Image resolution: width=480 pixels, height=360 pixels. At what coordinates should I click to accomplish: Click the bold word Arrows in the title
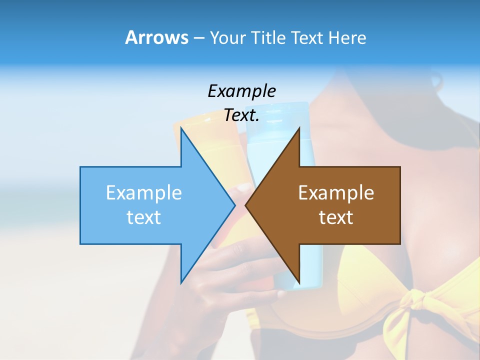(156, 37)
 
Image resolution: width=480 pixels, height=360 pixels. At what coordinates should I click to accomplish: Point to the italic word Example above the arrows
(241, 91)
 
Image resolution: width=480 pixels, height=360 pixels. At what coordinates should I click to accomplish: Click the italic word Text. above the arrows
(241, 115)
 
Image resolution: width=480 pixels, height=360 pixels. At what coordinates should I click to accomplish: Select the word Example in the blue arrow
(143, 192)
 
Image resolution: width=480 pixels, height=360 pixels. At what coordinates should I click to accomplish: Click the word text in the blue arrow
(143, 217)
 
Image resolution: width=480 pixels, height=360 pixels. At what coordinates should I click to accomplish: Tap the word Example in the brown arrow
(336, 192)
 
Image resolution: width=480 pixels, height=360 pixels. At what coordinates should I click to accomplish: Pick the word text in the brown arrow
(336, 217)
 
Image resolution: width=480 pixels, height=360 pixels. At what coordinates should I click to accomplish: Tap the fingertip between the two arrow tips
(242, 189)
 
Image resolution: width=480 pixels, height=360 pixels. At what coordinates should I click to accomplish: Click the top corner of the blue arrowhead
(181, 128)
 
